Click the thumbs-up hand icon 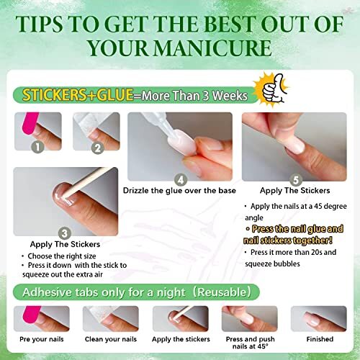click(274, 89)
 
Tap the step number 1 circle click(37, 147)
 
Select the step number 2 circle click(97, 148)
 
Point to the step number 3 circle click(65, 233)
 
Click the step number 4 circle click(181, 180)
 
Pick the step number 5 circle click(296, 180)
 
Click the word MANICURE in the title click(212, 48)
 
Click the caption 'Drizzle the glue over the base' click(179, 191)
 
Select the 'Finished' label click(320, 339)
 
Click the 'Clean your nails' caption click(111, 339)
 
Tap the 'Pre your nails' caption click(42, 339)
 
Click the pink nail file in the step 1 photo click(30, 123)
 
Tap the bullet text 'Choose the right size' click(62, 256)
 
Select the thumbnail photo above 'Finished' click(319, 318)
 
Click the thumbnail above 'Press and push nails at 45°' click(250, 318)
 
